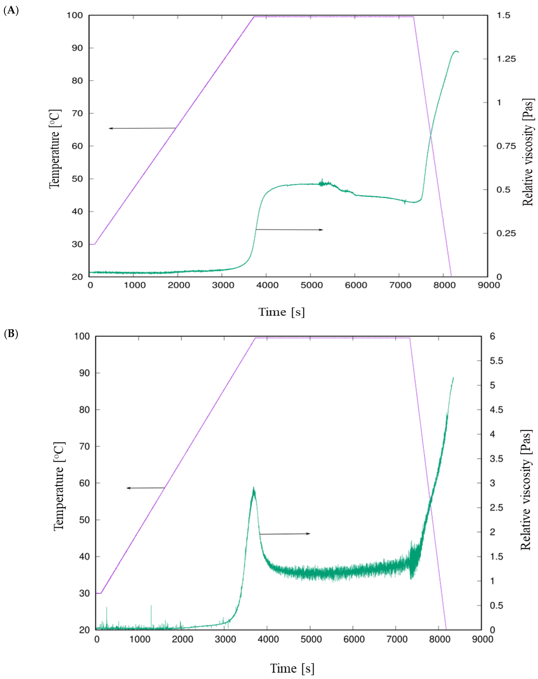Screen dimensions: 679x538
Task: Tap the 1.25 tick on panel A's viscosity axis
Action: coord(506,59)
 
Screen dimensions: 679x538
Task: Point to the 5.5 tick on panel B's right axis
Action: coord(496,361)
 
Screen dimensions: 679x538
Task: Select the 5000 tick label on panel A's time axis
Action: coord(311,285)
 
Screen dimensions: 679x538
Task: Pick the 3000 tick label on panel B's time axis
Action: coord(225,639)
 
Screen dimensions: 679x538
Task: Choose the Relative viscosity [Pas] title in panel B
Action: coord(526,490)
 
